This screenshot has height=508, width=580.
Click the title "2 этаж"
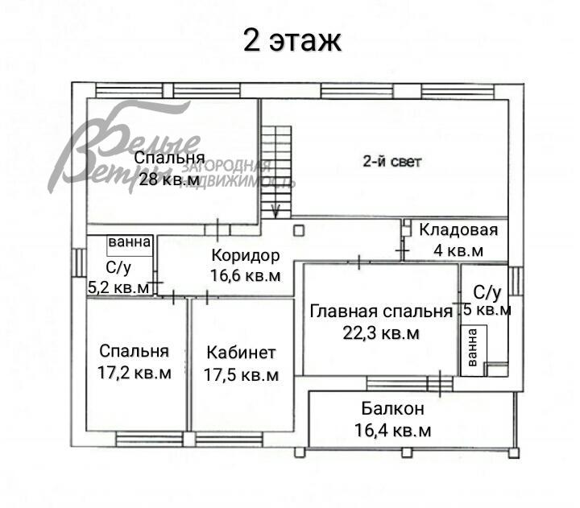292,41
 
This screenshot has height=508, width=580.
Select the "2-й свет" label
391,161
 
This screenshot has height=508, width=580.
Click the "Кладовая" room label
459,230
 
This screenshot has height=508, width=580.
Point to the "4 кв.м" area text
458,250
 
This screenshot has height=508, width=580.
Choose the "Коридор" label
245,256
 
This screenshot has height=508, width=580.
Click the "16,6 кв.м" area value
246,276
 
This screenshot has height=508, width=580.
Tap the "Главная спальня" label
381,312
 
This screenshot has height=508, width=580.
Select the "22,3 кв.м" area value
381,333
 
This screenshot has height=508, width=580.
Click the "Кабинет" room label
242,353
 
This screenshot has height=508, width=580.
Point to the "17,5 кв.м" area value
242,374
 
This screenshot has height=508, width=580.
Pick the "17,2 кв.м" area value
135,373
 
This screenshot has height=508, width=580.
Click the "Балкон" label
392,409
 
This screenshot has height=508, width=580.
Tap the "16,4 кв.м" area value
392,431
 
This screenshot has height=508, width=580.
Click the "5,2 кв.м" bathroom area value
118,287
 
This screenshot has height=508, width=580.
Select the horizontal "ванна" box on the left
129,242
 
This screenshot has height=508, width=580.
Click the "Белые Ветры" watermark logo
129,153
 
